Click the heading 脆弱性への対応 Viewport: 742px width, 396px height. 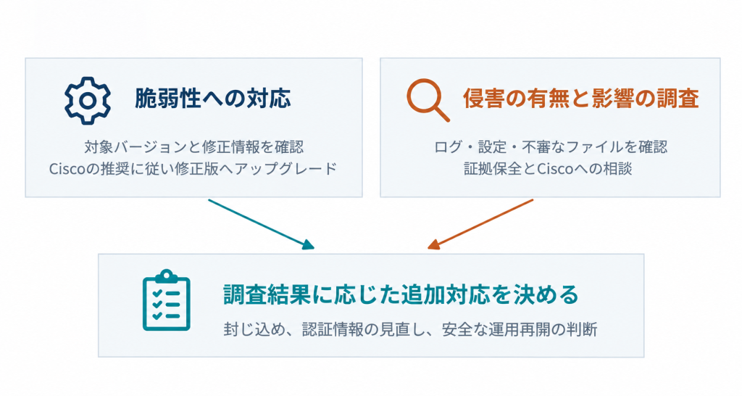212,99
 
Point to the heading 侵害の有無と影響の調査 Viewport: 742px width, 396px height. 580,99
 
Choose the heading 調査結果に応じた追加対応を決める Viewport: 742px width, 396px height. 401,294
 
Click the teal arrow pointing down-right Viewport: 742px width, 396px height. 261,224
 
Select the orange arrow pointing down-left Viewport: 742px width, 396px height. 480,224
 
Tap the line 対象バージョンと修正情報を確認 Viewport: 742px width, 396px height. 194,147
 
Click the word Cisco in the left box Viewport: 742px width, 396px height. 67,169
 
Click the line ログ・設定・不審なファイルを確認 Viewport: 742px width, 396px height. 551,147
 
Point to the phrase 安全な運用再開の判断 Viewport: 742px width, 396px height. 520,329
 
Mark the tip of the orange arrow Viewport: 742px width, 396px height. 428,249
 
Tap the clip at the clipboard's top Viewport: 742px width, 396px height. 167,276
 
